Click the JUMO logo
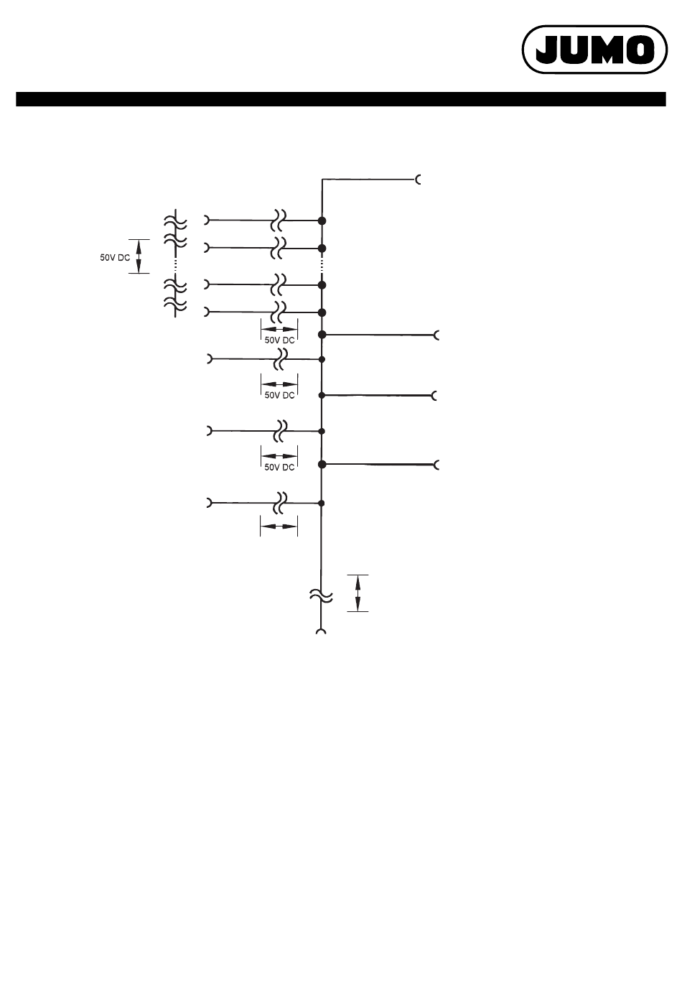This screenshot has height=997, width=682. tap(594, 50)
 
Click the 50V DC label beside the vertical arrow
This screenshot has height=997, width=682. tap(115, 258)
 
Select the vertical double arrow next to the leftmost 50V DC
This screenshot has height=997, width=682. tap(139, 256)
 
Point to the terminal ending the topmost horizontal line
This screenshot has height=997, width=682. tap(419, 180)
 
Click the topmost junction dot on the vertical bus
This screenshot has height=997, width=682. tap(322, 221)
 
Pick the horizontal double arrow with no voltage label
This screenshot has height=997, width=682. tap(279, 527)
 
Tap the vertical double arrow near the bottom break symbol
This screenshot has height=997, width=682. tap(358, 593)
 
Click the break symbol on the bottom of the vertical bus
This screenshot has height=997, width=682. tap(321, 595)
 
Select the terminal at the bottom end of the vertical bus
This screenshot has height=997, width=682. tap(321, 631)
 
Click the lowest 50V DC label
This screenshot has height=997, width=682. tap(279, 468)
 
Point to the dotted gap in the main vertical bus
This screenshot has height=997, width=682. tap(322, 266)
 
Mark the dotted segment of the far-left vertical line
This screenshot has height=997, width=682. tap(175, 265)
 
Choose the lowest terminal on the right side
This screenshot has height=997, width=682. tap(436, 465)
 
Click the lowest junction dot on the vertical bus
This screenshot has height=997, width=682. tap(322, 504)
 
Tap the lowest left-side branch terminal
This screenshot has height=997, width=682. tap(209, 503)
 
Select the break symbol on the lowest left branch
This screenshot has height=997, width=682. tap(280, 504)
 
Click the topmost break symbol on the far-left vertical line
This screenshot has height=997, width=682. tap(175, 222)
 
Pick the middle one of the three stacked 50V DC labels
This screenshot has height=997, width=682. tap(279, 395)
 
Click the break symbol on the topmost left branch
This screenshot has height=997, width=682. tap(279, 221)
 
